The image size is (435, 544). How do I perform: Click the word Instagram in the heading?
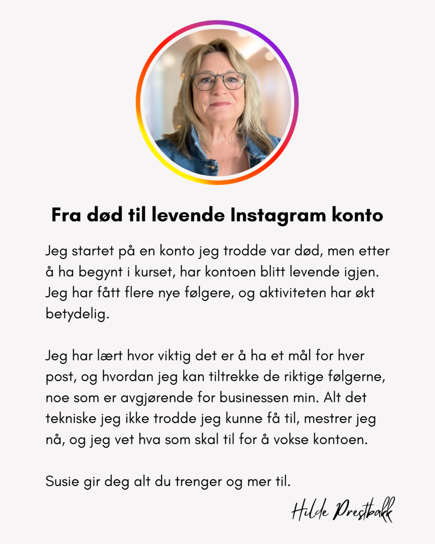(278, 215)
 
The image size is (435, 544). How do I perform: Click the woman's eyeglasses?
(218, 81)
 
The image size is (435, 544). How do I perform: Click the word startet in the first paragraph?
(93, 251)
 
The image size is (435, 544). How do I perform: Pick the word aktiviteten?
(292, 293)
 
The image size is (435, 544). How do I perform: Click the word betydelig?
(77, 314)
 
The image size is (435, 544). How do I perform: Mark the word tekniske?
(71, 419)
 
